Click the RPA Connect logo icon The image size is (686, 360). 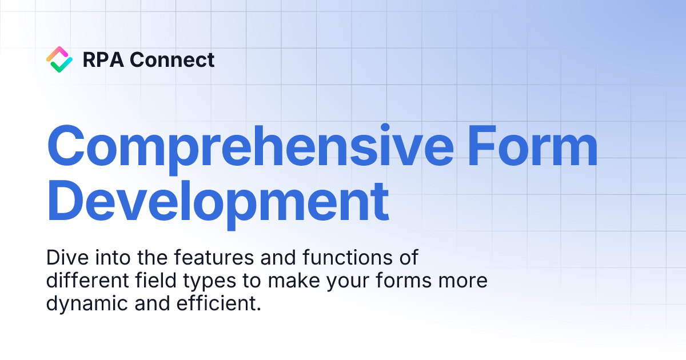coord(59,59)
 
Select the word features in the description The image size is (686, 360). coord(211,258)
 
